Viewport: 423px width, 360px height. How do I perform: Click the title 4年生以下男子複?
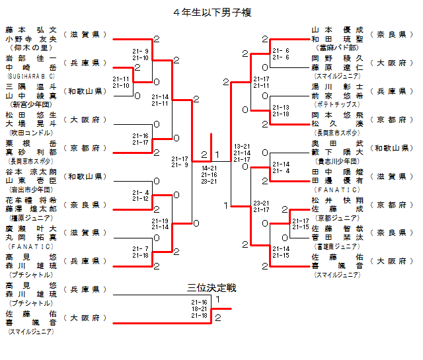211,12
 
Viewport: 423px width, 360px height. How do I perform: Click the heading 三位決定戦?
211,288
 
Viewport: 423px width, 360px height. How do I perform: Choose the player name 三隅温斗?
30,86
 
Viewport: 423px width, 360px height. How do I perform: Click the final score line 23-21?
210,181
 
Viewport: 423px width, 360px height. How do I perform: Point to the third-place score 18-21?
199,308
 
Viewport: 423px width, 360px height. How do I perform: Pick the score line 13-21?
242,146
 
